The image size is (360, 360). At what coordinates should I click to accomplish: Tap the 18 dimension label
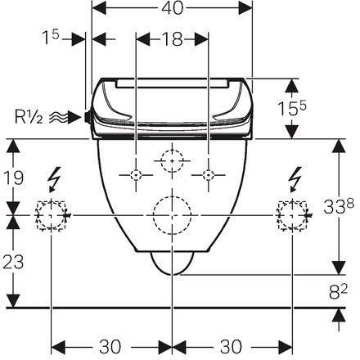[x=171, y=38]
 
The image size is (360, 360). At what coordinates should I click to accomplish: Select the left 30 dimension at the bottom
[x=110, y=344]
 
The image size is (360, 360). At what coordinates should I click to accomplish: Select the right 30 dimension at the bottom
[x=232, y=344]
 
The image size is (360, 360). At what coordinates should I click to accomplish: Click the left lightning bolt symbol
[x=56, y=177]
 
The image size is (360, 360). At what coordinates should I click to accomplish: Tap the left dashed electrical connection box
[x=52, y=215]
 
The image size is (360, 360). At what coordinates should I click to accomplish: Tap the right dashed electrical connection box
[x=292, y=215]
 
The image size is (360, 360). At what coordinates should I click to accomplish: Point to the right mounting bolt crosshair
[x=208, y=175]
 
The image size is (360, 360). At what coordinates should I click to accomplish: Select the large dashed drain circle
[x=172, y=214]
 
